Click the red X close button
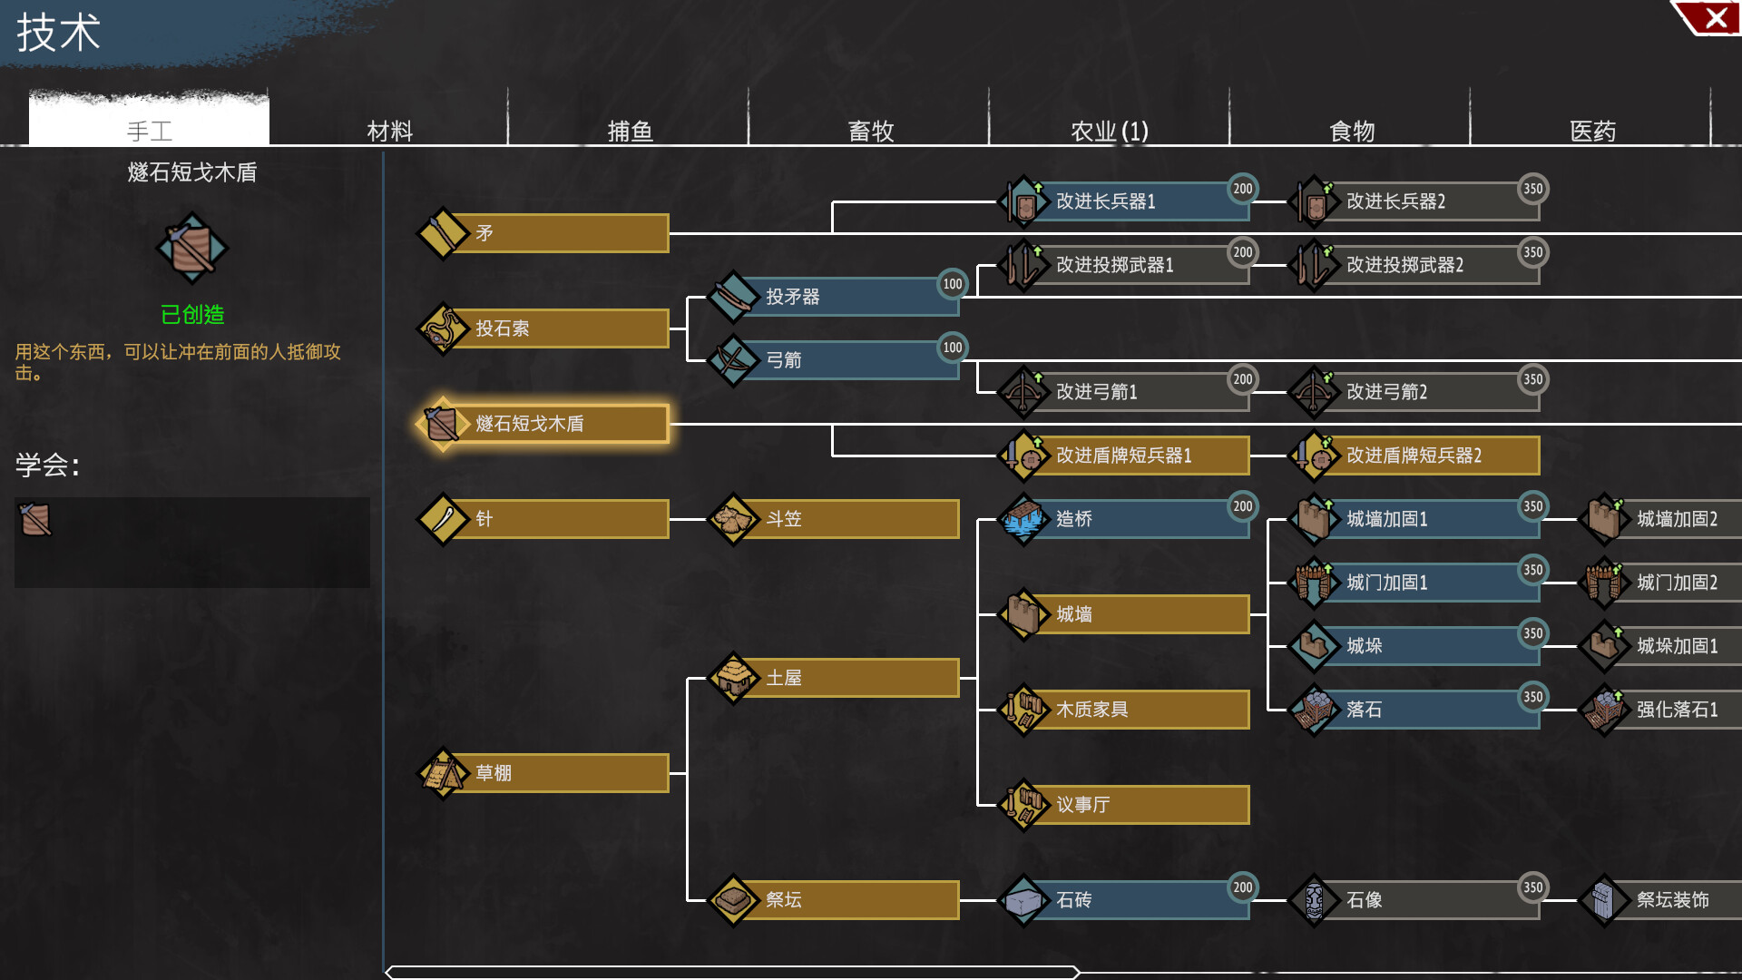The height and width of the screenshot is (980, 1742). point(1715,18)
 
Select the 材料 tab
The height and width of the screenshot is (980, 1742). point(389,131)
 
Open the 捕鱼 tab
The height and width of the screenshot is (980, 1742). point(630,131)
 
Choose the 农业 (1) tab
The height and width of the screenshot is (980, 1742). point(1109,131)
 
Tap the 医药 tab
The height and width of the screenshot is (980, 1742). point(1592,131)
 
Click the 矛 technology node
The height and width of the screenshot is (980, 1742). point(544,233)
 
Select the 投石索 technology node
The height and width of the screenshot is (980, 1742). point(544,328)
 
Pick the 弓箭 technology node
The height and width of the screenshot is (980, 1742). point(835,360)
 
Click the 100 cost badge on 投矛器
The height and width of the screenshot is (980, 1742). point(952,284)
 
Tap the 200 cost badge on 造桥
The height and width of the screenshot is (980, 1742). point(1242,506)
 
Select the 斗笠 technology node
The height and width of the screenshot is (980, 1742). point(835,519)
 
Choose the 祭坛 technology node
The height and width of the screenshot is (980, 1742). point(835,900)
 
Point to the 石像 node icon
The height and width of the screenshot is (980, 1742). point(1313,900)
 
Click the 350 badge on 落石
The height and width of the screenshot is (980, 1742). point(1532,697)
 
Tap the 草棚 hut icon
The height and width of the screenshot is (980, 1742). point(442,773)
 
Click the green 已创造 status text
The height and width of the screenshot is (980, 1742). point(192,315)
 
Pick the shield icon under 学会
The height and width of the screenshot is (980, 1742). point(35,520)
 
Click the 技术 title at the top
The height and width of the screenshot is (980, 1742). point(58,33)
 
